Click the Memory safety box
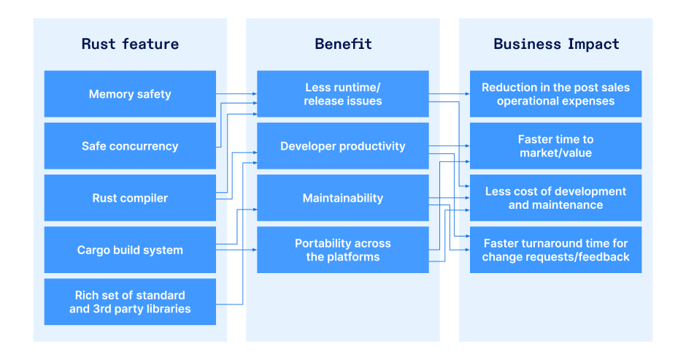click(130, 93)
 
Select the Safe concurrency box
click(130, 146)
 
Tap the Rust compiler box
click(130, 198)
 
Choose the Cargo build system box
click(130, 250)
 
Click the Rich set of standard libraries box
click(130, 302)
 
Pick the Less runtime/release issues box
click(342, 93)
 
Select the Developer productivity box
click(342, 146)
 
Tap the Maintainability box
click(342, 198)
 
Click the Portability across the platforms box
click(342, 250)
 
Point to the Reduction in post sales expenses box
click(555, 93)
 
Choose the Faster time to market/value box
click(555, 146)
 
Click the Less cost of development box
click(555, 198)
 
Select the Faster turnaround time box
click(555, 250)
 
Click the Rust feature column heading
click(130, 44)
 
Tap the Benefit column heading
click(343, 44)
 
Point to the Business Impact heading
click(556, 44)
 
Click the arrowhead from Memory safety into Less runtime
click(255, 93)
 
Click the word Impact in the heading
click(593, 45)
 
